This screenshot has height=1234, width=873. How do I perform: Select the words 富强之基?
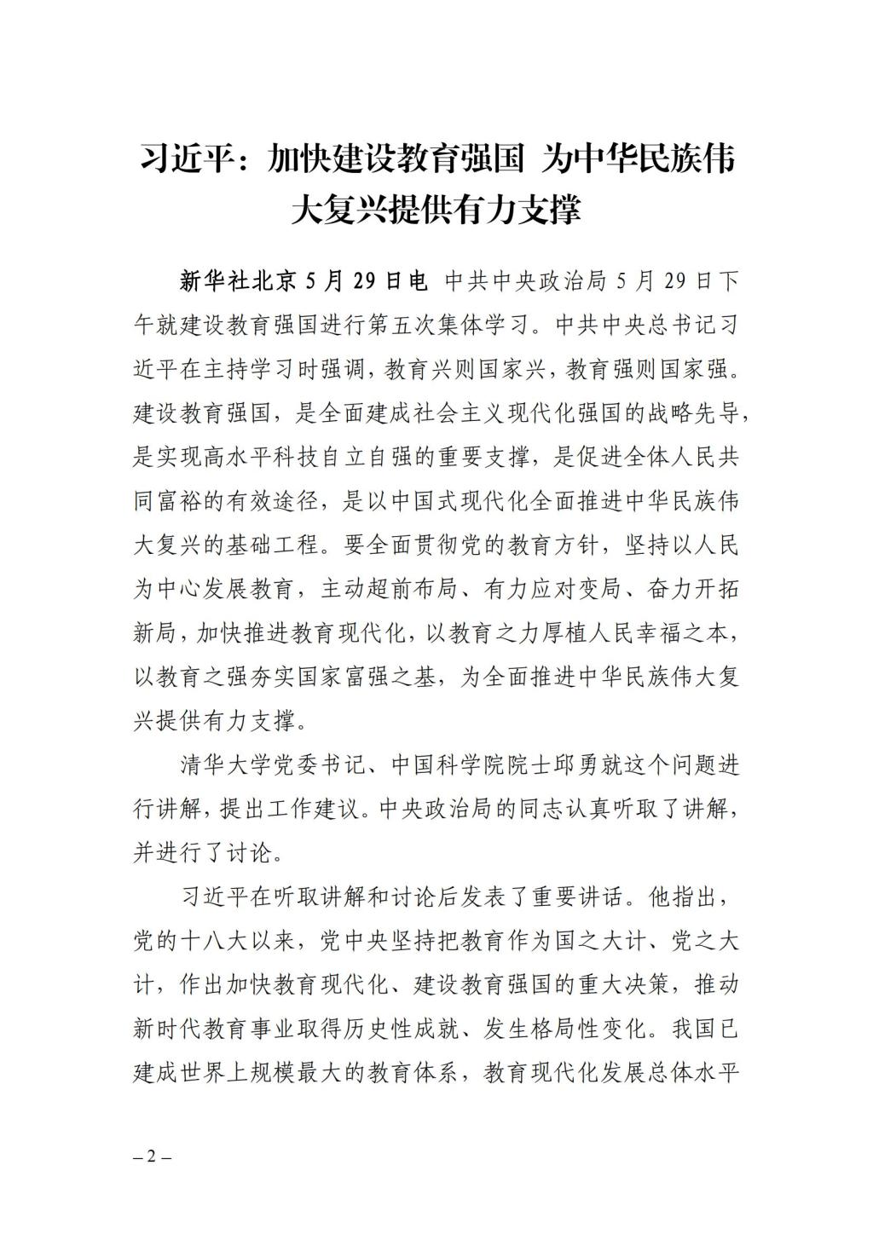click(x=393, y=677)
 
